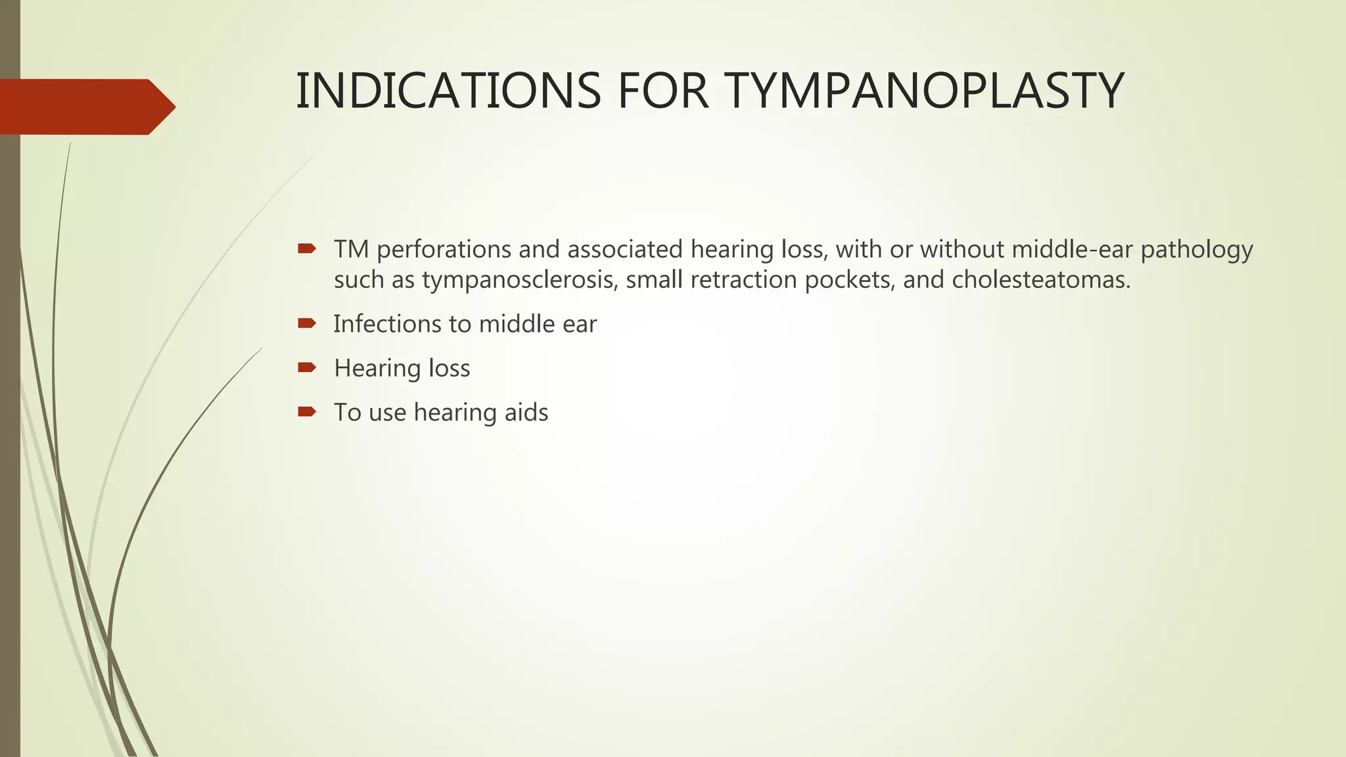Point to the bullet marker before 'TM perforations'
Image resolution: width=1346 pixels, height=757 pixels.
[307, 249]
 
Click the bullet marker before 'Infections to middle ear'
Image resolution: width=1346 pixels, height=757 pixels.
[307, 323]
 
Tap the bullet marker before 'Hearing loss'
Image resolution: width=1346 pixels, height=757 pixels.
[307, 367]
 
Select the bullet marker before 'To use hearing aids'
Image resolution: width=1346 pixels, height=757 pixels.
[307, 412]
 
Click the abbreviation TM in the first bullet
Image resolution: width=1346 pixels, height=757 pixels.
[351, 250]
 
